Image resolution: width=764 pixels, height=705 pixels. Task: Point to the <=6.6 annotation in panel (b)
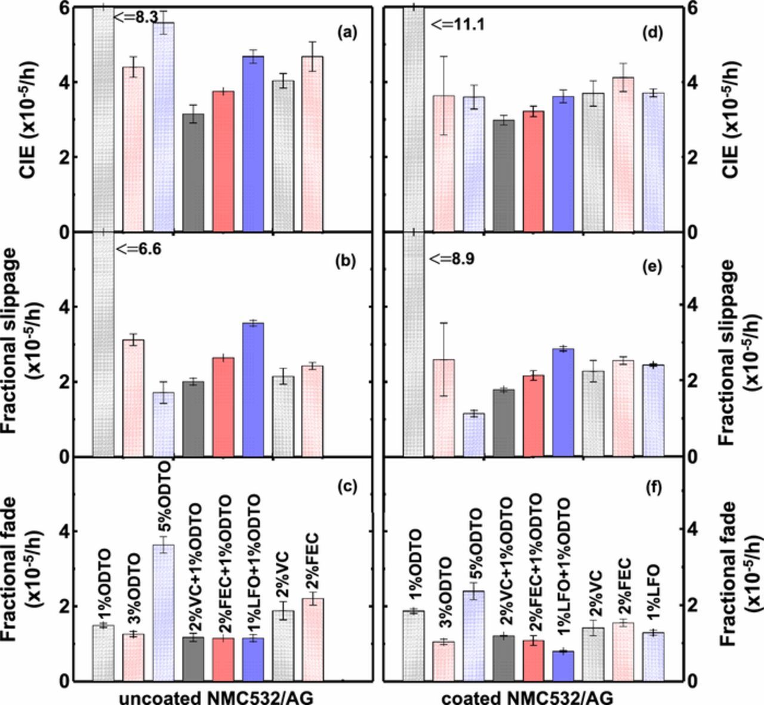(138, 249)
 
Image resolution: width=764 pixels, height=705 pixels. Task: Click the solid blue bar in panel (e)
(562, 402)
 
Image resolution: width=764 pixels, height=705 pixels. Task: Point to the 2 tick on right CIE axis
(691, 158)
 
